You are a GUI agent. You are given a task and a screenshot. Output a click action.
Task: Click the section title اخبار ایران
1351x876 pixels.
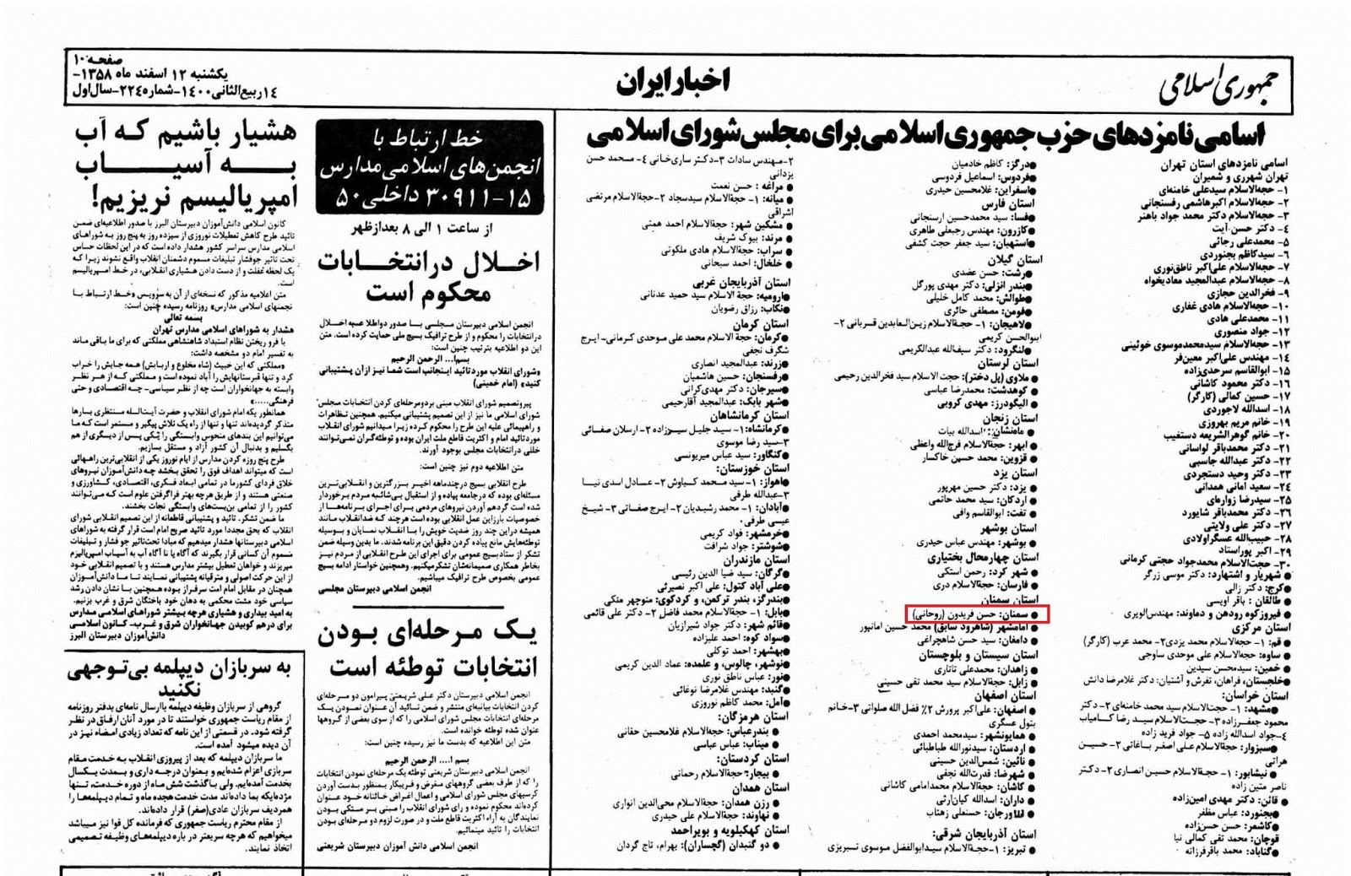pos(672,82)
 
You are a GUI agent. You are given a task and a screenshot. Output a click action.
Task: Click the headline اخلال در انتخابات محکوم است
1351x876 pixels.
pos(429,277)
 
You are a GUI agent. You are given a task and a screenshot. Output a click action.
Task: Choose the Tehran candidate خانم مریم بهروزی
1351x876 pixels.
pos(1234,422)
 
